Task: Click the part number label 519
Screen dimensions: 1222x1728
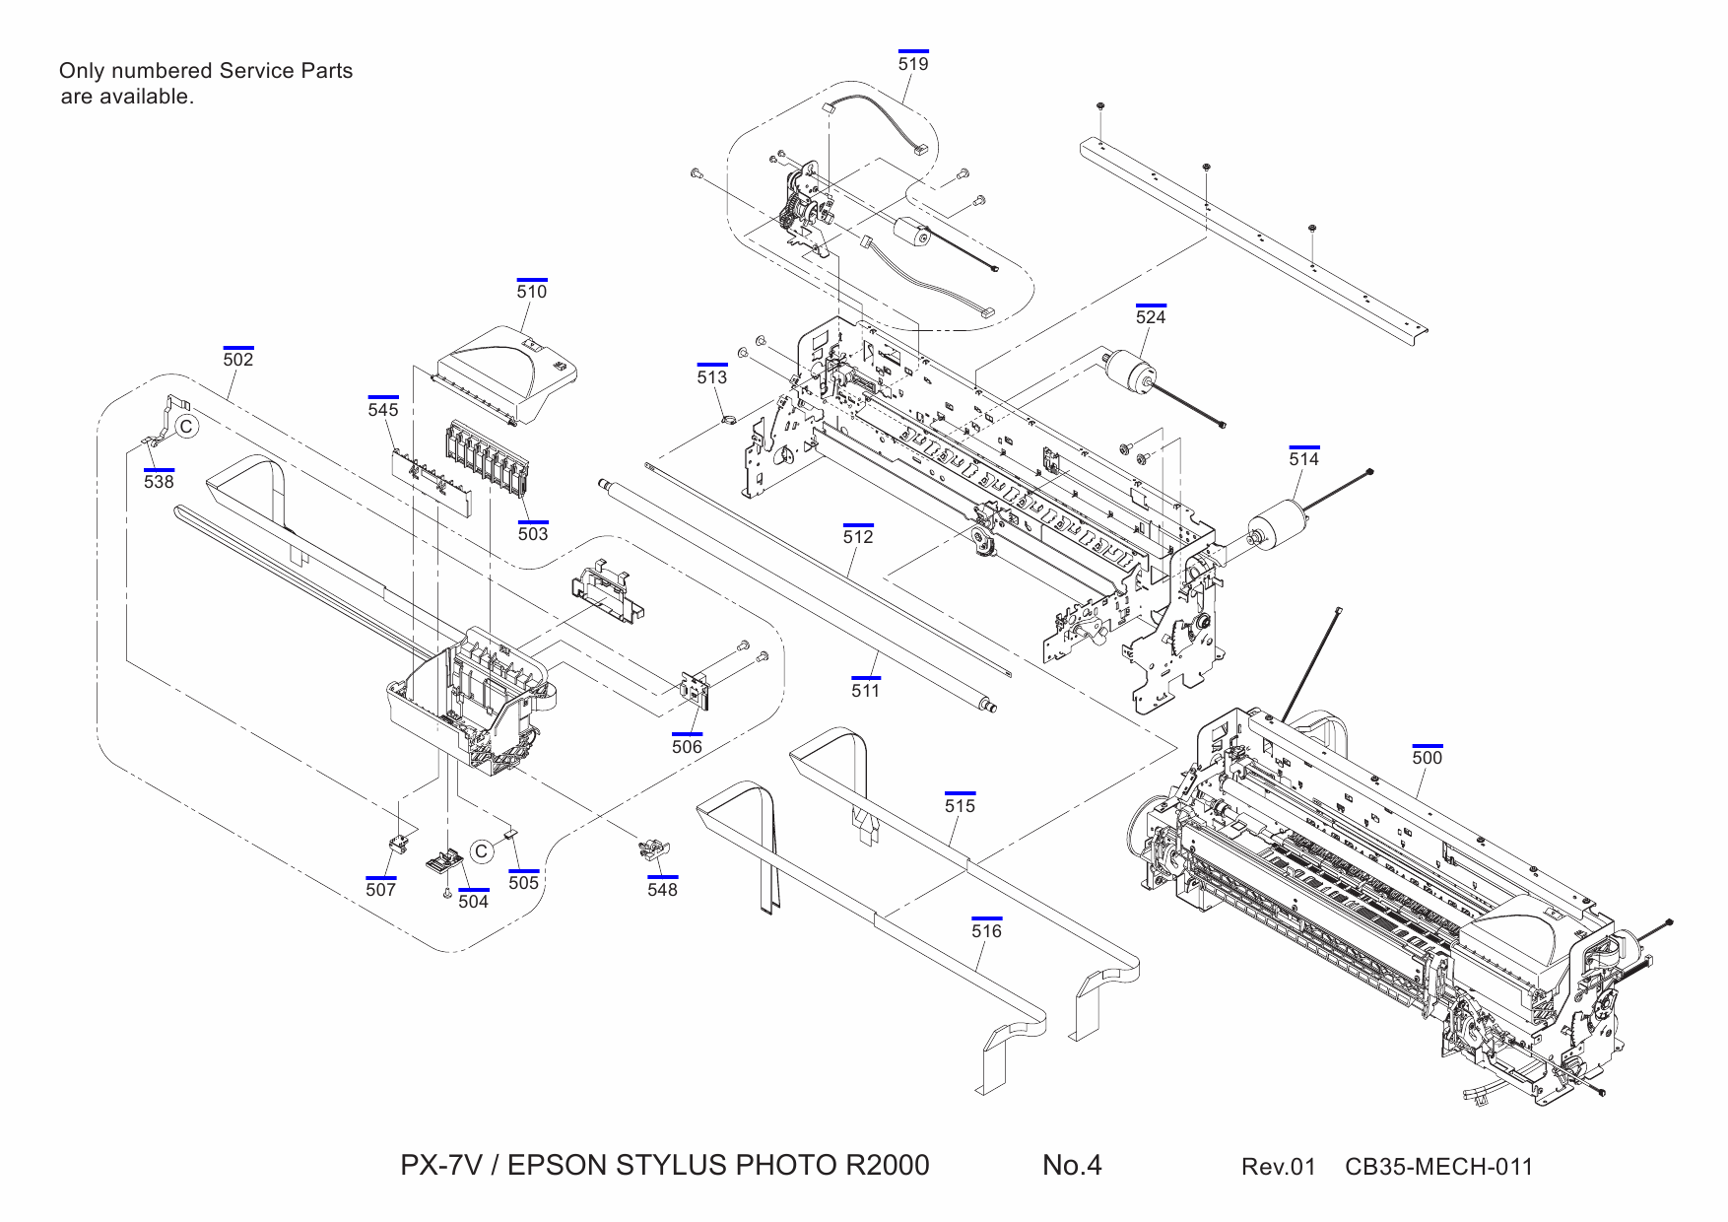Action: pos(913,64)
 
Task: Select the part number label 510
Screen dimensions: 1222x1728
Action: pos(531,292)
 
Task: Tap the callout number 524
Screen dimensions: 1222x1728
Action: pos(1151,317)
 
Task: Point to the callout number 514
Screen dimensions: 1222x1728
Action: pos(1303,459)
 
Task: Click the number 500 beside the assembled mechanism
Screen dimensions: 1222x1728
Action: pos(1427,758)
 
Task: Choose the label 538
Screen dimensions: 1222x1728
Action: pos(159,482)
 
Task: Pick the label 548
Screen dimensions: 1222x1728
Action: pos(662,890)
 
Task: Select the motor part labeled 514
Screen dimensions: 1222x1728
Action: pos(1278,522)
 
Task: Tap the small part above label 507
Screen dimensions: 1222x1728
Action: pos(399,844)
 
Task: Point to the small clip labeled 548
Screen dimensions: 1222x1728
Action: pos(654,849)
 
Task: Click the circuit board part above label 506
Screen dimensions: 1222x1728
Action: pos(697,690)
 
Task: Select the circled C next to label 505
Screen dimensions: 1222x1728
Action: pos(481,851)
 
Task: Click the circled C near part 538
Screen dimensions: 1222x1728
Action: pos(186,427)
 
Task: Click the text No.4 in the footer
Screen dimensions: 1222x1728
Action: pos(1072,1166)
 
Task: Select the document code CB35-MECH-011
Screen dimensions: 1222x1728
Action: pos(1438,1168)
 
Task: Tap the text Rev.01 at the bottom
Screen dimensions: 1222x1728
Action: pos(1278,1168)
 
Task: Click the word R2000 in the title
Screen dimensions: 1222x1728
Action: pos(886,1166)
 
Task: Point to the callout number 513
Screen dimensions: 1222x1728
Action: pos(711,377)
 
